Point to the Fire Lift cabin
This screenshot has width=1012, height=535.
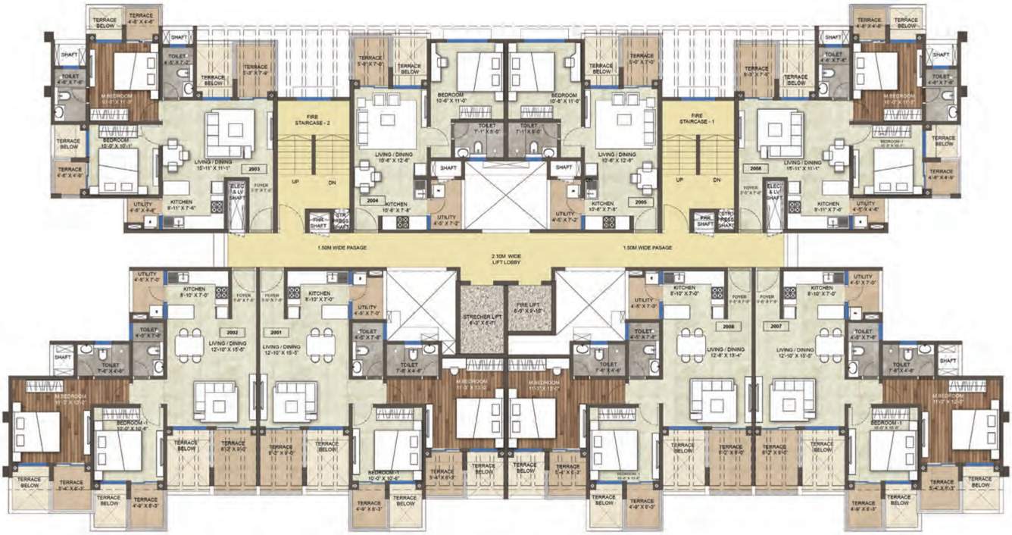529,306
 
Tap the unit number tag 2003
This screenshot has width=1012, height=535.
254,169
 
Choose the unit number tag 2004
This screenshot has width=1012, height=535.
371,202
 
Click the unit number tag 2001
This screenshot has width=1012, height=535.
275,332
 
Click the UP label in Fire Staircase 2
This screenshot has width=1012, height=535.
293,182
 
